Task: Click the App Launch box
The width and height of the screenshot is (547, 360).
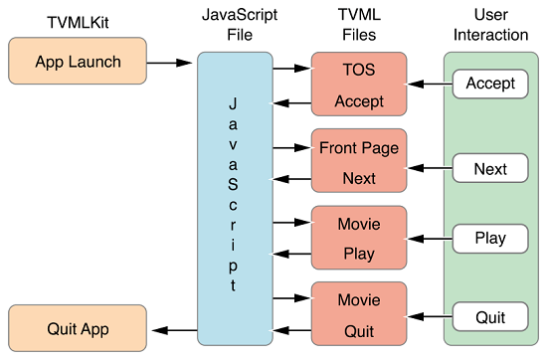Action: tap(78, 62)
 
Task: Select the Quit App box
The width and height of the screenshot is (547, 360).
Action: tap(78, 329)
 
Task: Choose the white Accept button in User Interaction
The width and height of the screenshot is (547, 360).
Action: tap(490, 84)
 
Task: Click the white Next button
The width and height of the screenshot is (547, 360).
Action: tap(490, 169)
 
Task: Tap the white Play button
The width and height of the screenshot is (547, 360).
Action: tap(490, 238)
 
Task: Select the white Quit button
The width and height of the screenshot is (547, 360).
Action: tap(490, 317)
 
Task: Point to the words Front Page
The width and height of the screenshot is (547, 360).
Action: tap(359, 148)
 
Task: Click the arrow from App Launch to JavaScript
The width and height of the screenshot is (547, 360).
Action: tap(171, 63)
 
